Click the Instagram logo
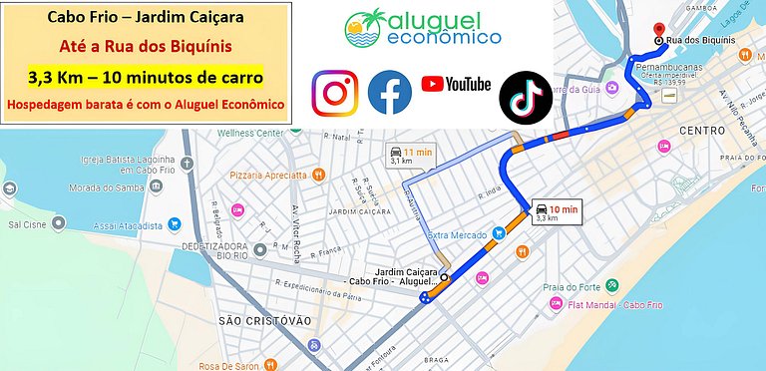pyautogui.click(x=334, y=94)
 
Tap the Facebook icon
pyautogui.click(x=390, y=94)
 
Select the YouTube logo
pyautogui.click(x=456, y=85)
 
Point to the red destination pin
pyautogui.click(x=658, y=30)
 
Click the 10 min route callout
pyautogui.click(x=556, y=211)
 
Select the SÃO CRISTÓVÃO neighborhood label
pyautogui.click(x=265, y=320)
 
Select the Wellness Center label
pyautogui.click(x=250, y=132)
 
